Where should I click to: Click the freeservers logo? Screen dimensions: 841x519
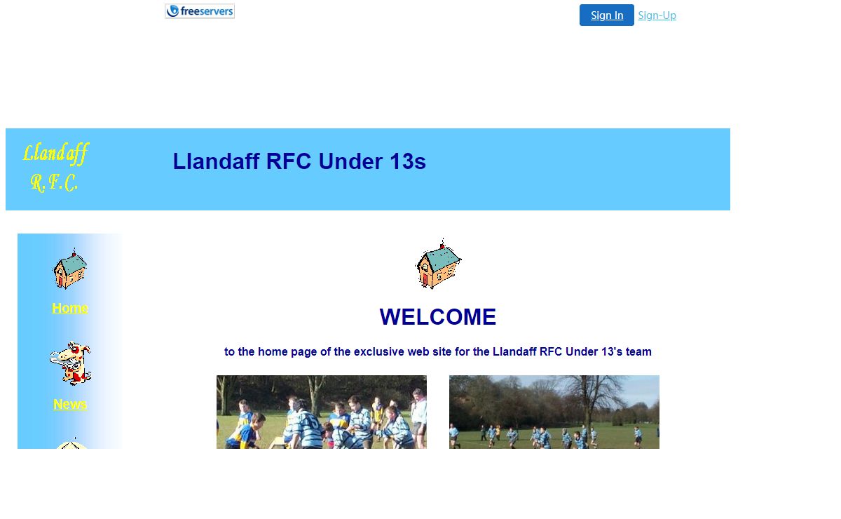coord(200,11)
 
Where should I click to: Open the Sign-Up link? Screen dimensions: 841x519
coord(657,15)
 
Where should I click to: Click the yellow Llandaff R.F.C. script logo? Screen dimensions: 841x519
coord(55,167)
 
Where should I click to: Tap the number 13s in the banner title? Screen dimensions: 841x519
coord(408,161)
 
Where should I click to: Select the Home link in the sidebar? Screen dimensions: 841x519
coord(70,308)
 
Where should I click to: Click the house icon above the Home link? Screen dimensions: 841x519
coord(70,269)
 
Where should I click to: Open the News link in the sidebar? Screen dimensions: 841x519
coord(70,405)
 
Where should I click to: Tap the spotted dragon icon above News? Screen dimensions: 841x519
coord(71,363)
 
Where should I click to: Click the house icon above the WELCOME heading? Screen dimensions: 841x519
coord(438,264)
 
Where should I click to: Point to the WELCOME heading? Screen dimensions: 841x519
coord(438,317)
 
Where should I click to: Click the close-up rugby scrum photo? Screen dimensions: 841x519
coord(322,412)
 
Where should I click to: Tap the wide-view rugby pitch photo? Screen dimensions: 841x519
coord(554,412)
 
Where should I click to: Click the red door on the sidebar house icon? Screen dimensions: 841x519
coord(58,281)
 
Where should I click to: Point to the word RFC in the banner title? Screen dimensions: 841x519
coord(288,161)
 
